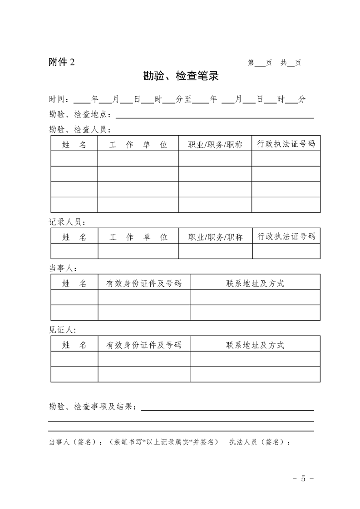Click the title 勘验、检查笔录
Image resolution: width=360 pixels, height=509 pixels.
(x=181, y=76)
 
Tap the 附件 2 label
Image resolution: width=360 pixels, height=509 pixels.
(x=62, y=63)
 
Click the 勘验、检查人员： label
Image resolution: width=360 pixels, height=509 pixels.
(x=80, y=130)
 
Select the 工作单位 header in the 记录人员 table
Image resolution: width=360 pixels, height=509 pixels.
(x=138, y=237)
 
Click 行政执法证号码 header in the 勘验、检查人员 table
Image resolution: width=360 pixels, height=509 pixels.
(x=286, y=144)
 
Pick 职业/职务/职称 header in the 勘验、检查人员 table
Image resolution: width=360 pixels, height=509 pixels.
(x=215, y=145)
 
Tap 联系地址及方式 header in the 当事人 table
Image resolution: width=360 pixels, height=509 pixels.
(x=255, y=283)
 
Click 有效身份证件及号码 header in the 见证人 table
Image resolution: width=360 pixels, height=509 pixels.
(x=143, y=345)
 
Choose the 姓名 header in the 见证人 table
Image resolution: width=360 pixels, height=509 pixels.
(x=74, y=345)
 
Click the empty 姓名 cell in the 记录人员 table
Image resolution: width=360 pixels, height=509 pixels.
(x=74, y=251)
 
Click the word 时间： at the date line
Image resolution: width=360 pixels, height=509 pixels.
(x=60, y=99)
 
